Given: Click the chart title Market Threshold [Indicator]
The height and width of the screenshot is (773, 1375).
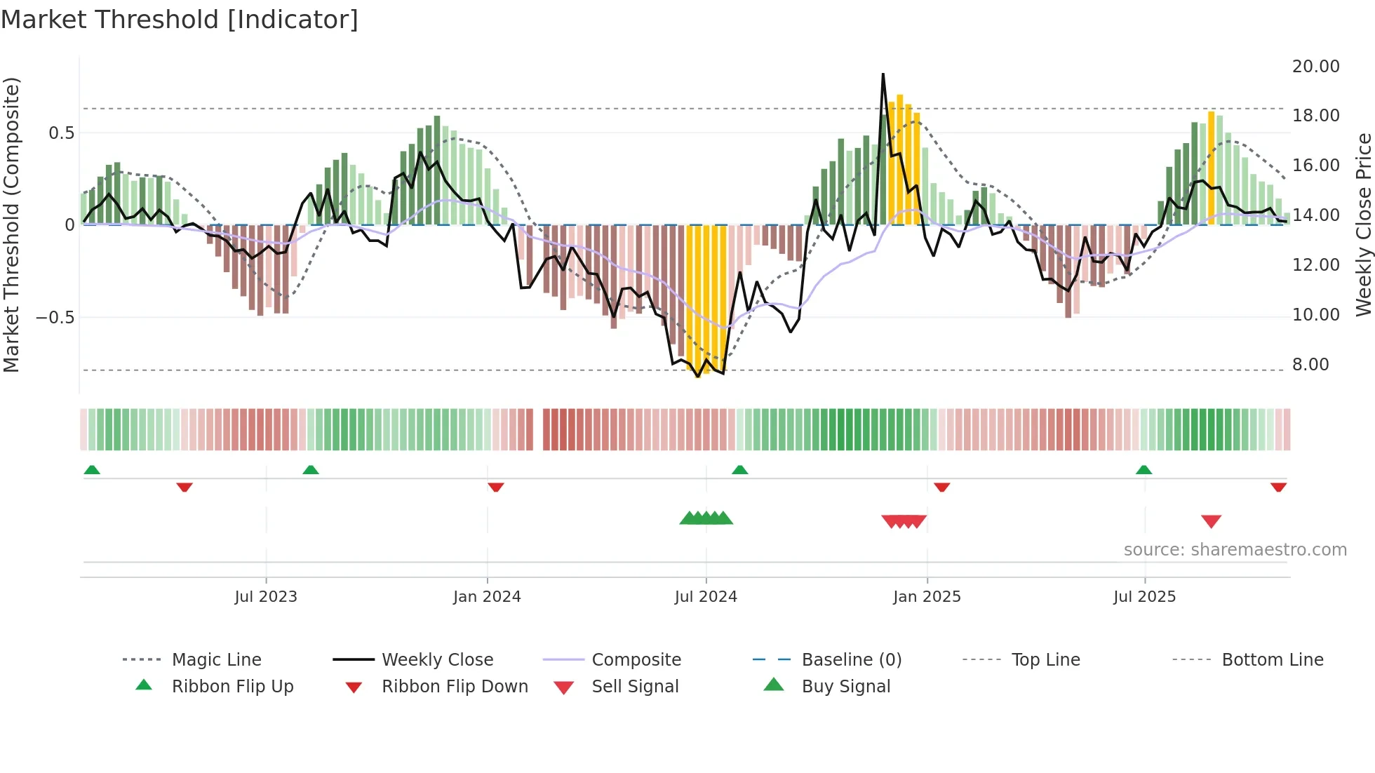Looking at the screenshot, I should [180, 20].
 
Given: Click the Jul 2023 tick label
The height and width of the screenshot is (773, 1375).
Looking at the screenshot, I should [266, 597].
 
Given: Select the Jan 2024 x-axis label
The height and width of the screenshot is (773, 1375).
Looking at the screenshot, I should [487, 597].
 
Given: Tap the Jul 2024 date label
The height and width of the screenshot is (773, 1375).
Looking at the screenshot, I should [706, 597].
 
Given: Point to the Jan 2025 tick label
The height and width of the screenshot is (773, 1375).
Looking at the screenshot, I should [927, 597].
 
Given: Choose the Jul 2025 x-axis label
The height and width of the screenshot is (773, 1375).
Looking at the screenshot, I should [1144, 597].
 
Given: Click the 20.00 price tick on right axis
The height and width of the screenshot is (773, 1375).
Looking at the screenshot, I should [1315, 67].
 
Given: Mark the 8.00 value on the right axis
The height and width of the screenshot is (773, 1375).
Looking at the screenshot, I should [1310, 365].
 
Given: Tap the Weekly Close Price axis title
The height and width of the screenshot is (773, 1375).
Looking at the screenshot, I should [1363, 224].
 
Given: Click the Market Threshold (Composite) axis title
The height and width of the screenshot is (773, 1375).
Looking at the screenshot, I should [11, 224].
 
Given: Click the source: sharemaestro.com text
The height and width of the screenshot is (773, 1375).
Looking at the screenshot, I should [1235, 550].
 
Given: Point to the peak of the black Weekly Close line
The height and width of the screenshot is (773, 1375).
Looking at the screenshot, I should [883, 74].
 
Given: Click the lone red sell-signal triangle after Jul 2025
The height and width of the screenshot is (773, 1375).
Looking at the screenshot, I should [1211, 521].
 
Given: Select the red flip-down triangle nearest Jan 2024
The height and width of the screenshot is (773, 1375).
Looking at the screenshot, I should [495, 487].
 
